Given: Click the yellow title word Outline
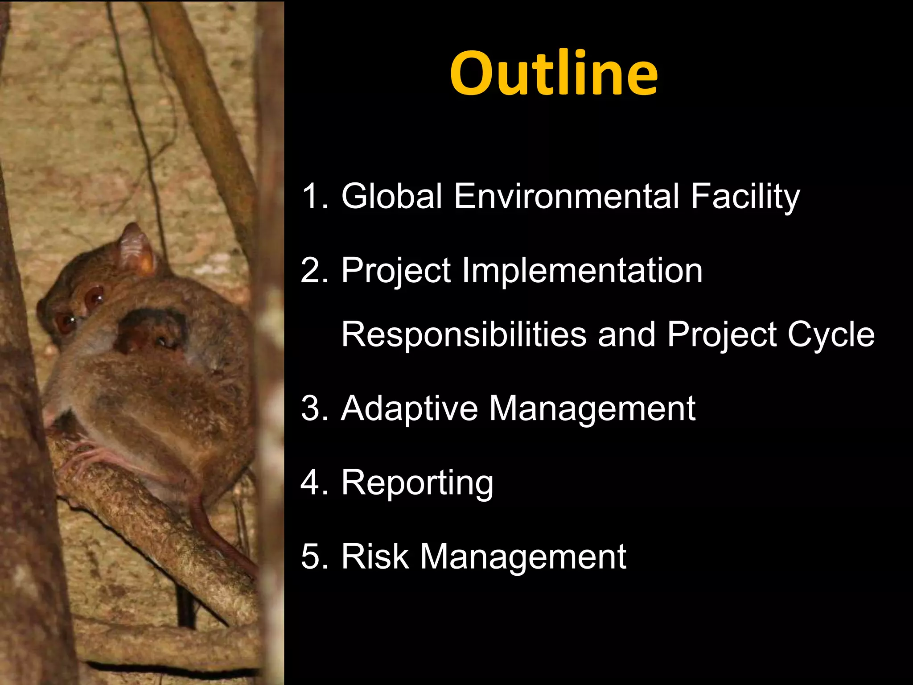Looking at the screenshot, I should [x=554, y=74].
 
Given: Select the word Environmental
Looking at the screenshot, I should [x=567, y=196].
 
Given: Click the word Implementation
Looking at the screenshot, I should [x=582, y=270].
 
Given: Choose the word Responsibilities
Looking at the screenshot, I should [x=464, y=334].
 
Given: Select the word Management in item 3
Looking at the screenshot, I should [x=592, y=409].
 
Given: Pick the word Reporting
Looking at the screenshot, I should [x=417, y=483].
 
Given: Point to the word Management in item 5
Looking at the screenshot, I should [x=523, y=557].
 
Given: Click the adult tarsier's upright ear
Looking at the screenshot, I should [x=136, y=250].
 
